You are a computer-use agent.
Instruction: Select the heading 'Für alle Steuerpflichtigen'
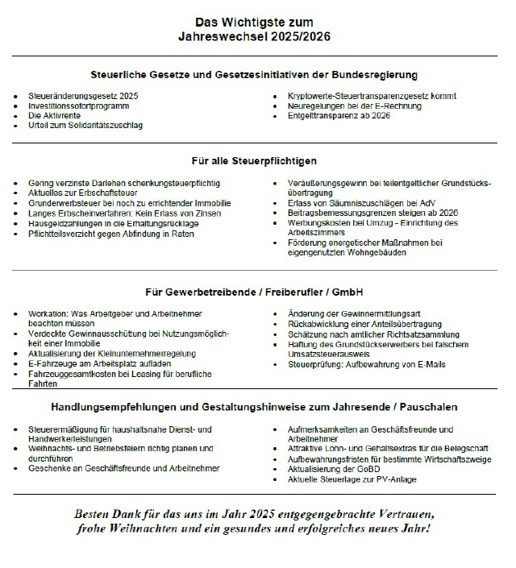click(254, 161)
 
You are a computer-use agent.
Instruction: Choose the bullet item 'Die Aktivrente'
click(54, 115)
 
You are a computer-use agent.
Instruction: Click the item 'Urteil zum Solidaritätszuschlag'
click(85, 126)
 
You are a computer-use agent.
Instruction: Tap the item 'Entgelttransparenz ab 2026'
click(339, 115)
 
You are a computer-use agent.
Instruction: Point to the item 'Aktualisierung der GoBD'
click(336, 469)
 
